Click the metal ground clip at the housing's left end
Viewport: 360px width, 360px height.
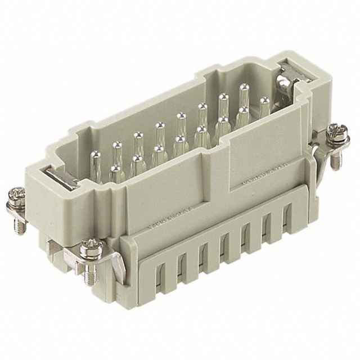(60, 178)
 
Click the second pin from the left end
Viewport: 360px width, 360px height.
(117, 151)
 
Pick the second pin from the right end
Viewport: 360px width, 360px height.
(244, 93)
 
